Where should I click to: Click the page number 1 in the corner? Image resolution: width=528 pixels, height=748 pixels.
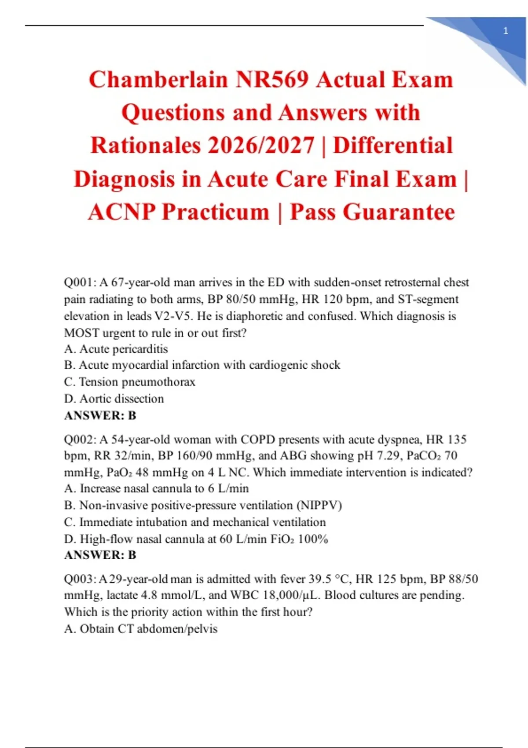506,31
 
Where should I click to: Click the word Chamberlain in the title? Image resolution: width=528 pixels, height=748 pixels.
158,80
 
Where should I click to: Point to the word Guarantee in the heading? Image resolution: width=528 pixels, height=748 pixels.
399,212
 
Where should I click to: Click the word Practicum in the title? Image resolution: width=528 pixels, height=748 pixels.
216,212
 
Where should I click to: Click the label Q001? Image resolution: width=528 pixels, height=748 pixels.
80,282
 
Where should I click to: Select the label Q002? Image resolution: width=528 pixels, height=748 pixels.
80,439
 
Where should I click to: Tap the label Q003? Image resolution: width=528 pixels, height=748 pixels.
80,579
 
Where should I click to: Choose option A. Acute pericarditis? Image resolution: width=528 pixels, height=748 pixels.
116,349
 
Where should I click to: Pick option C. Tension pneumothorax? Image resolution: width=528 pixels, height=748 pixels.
129,381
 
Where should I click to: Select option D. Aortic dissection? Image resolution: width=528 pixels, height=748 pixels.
114,399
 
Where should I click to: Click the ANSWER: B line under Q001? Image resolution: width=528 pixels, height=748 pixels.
100,415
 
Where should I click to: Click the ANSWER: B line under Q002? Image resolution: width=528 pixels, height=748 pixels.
100,555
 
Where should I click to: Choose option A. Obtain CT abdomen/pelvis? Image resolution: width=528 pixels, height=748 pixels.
141,629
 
